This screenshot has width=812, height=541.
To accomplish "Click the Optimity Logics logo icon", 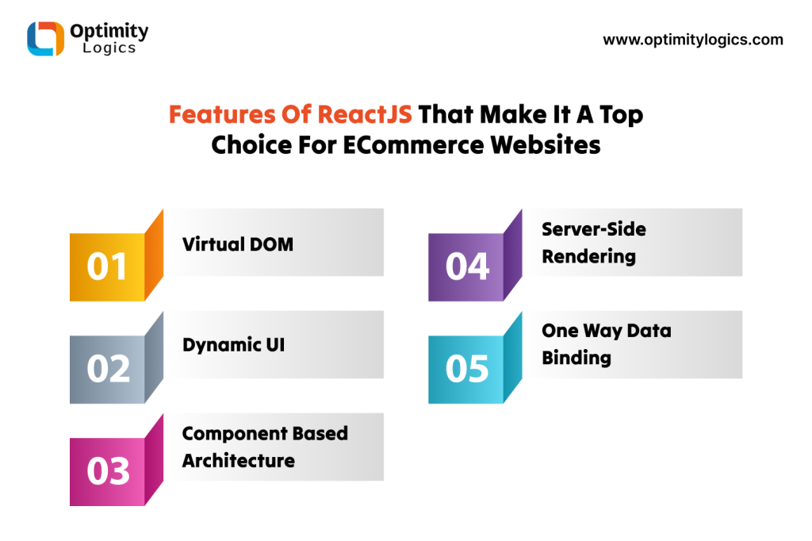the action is click(x=45, y=38).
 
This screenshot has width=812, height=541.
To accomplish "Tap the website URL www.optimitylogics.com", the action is click(x=693, y=40).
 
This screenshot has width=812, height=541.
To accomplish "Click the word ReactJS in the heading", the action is click(x=365, y=114).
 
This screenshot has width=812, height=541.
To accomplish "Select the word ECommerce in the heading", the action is click(x=414, y=144).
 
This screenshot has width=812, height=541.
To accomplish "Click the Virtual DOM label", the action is click(x=238, y=244).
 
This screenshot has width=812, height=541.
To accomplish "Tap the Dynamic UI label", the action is click(x=234, y=345).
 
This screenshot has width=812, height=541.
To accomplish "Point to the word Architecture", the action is click(x=238, y=461).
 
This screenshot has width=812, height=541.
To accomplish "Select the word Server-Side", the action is click(x=594, y=229).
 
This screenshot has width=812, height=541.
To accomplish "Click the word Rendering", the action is click(x=589, y=256).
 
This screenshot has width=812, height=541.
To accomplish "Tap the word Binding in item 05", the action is click(x=576, y=358).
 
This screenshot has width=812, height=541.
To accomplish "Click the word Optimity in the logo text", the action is click(x=109, y=31).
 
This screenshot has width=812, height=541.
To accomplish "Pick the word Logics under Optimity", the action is click(x=109, y=48).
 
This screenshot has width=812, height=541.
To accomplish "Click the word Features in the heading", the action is click(x=222, y=114).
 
